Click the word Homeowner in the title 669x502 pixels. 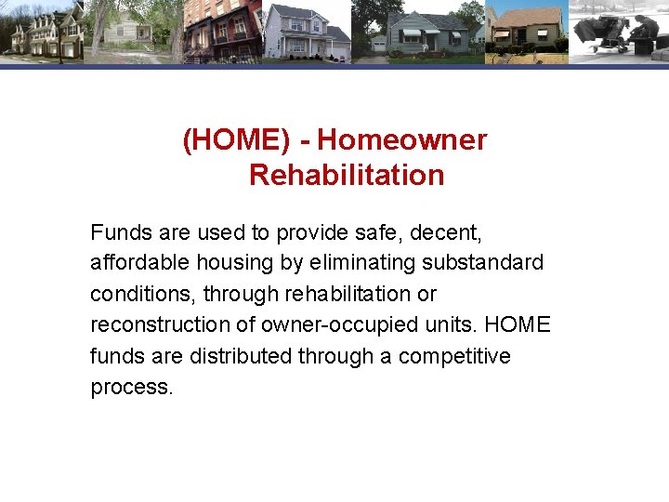[401, 140]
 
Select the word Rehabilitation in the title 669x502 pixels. [347, 175]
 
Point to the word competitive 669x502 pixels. [454, 356]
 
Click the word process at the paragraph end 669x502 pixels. [131, 387]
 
